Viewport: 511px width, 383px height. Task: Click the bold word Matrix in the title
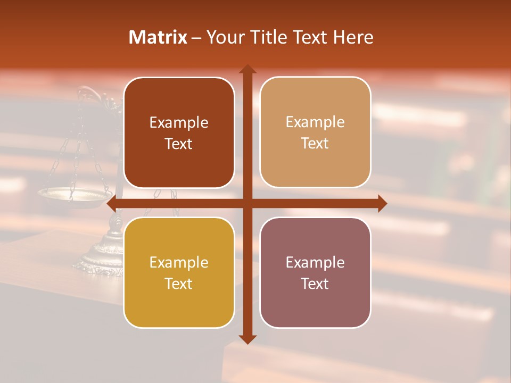coord(158,37)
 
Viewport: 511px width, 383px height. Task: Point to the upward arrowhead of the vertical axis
coord(247,69)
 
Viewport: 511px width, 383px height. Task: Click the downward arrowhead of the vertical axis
coord(247,339)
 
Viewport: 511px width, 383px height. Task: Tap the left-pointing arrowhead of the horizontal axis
coord(112,203)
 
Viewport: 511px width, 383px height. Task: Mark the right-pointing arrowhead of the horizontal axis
coord(382,203)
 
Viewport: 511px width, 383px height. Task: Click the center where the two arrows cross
coord(247,203)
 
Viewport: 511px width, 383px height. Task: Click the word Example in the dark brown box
coord(179,123)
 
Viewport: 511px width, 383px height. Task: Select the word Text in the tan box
coord(315,144)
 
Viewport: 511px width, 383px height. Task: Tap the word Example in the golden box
coord(179,262)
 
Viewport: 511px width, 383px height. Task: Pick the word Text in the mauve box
coord(315,284)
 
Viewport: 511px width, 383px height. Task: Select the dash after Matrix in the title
coord(196,38)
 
